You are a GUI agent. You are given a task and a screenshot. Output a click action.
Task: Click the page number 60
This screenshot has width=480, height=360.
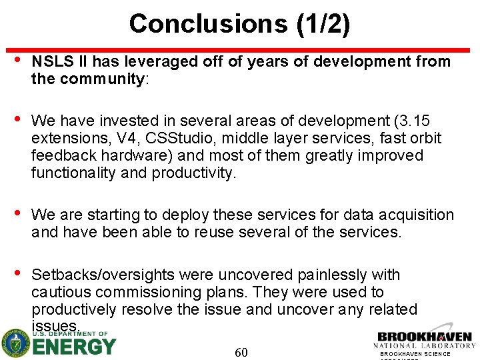(241, 352)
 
